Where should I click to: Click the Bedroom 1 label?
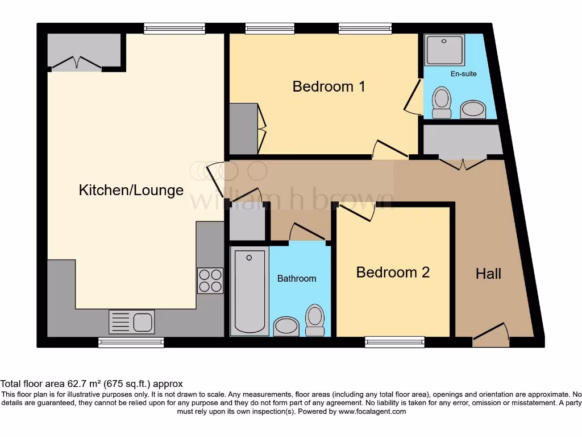click(x=329, y=86)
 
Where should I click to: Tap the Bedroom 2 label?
click(x=393, y=273)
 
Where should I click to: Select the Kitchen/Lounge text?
click(x=131, y=190)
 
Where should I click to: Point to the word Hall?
click(x=488, y=274)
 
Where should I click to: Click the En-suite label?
click(x=463, y=74)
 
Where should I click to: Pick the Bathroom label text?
click(x=296, y=278)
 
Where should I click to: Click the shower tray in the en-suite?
click(x=445, y=50)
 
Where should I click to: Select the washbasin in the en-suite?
click(x=472, y=109)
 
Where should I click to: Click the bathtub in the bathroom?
click(x=250, y=291)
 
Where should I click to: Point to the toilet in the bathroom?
click(x=314, y=320)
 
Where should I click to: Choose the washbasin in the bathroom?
click(x=286, y=327)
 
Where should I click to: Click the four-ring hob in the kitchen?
click(x=210, y=281)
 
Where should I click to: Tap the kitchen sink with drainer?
click(x=131, y=322)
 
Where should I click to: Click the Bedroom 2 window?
click(x=394, y=342)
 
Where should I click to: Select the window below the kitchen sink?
click(x=131, y=342)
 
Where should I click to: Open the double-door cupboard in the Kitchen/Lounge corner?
click(x=84, y=51)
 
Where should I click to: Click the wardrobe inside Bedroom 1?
click(x=243, y=129)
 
